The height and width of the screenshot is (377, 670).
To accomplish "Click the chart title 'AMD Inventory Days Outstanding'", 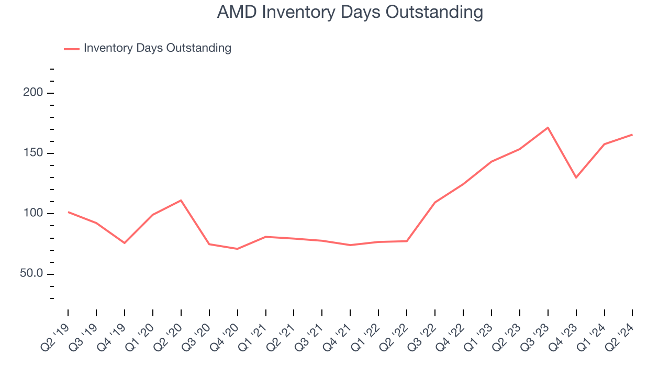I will tap(350, 12).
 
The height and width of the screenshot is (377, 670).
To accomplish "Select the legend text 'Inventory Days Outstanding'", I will tap(157, 48).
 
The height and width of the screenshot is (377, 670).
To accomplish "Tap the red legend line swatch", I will tap(72, 49).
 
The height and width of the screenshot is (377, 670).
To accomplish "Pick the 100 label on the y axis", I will tap(35, 214).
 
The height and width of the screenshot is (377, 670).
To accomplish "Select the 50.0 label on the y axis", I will tap(32, 274).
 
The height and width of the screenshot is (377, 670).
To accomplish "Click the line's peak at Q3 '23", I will tap(548, 127).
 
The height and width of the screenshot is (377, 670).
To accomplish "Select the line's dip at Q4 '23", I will tap(576, 178).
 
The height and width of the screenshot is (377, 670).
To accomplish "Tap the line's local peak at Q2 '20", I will tap(181, 200).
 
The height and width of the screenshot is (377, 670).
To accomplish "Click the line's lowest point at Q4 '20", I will tap(237, 249).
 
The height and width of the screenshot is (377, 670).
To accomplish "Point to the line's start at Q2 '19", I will tap(68, 212).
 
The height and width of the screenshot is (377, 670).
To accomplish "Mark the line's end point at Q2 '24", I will tap(632, 135).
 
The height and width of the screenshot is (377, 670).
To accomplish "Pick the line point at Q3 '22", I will tap(435, 202).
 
